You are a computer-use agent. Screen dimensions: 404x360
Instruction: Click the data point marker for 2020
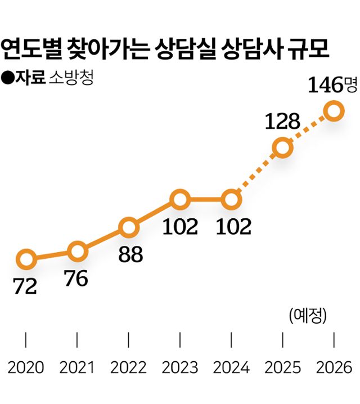(26, 259)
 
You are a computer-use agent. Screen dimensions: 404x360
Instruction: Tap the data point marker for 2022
(128, 228)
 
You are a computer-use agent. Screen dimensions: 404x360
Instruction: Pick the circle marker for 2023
(179, 199)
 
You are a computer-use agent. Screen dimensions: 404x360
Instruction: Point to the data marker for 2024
(231, 199)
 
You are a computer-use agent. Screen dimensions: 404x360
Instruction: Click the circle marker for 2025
(282, 148)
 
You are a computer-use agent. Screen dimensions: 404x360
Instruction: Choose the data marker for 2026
(334, 110)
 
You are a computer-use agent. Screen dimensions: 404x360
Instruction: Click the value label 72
(25, 287)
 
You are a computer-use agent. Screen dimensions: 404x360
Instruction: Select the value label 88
(130, 255)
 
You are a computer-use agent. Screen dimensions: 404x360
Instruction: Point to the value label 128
(282, 122)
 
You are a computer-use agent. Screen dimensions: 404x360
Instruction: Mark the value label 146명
(332, 85)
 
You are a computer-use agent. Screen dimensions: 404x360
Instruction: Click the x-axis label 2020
(26, 368)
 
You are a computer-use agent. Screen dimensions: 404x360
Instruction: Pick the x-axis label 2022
(128, 368)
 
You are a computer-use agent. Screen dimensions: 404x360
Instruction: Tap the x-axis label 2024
(231, 368)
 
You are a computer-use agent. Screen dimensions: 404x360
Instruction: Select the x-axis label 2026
(334, 368)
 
